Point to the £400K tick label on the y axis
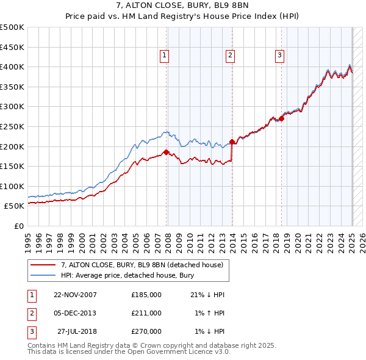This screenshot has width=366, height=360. point(12,67)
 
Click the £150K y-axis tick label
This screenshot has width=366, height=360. point(12,166)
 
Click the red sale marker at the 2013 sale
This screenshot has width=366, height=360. point(232,142)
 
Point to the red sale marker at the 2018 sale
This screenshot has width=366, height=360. point(282,118)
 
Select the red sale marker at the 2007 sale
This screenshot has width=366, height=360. point(167,153)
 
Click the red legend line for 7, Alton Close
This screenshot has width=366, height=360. point(44,265)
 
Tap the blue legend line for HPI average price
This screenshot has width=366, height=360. point(44,275)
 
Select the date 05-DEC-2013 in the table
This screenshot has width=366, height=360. point(74,313)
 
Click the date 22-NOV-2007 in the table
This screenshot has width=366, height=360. point(74,295)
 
